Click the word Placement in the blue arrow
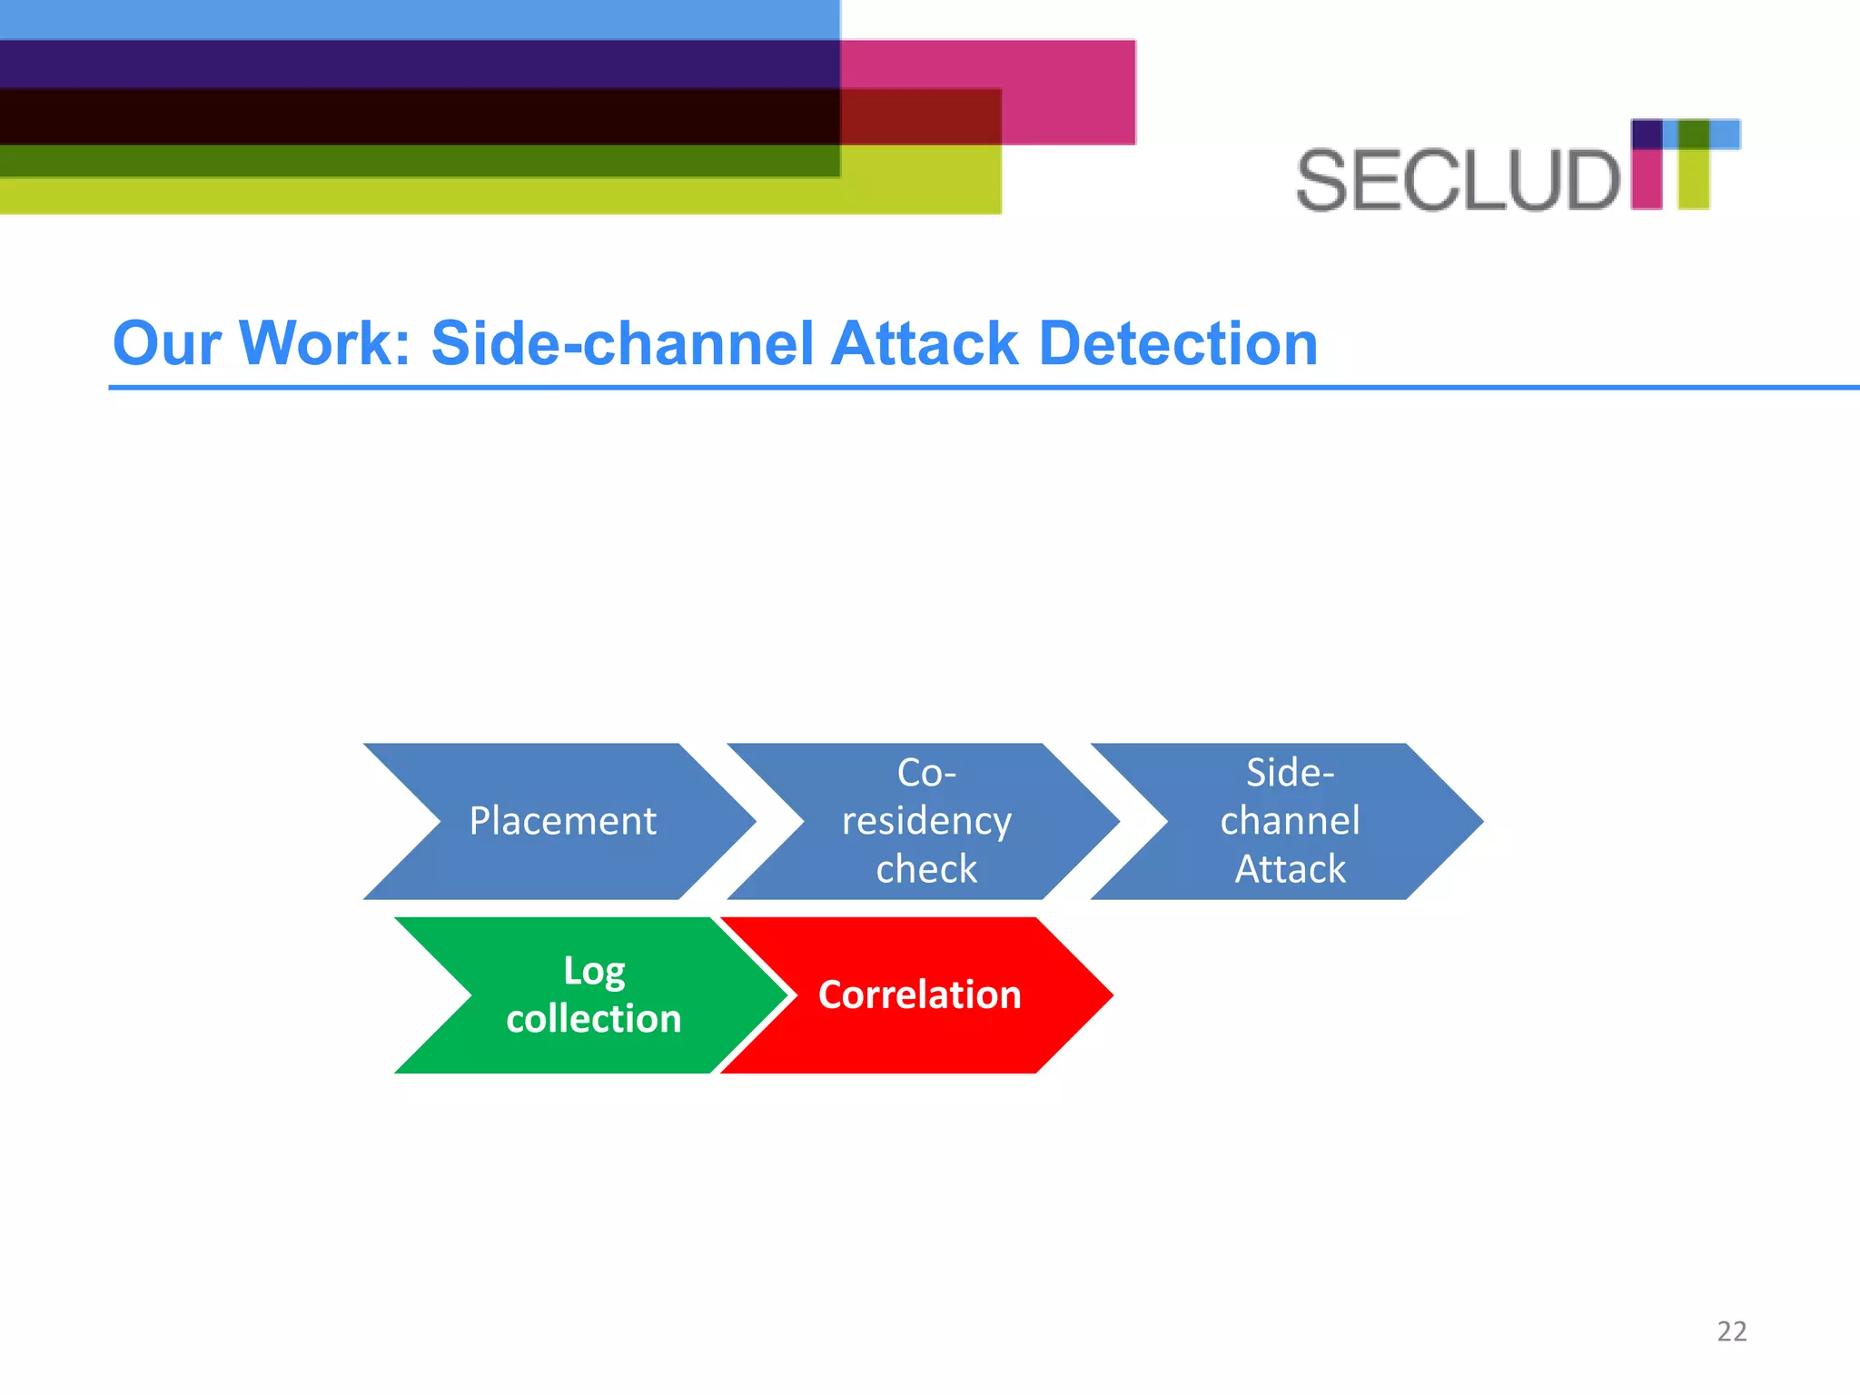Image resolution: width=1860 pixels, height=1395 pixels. point(562,821)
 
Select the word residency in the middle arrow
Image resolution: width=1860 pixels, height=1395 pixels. point(926,821)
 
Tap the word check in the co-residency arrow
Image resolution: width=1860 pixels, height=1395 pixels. point(926,869)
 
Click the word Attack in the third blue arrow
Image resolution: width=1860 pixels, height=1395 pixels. point(1290,869)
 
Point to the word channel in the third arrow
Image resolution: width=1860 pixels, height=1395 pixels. point(1290,821)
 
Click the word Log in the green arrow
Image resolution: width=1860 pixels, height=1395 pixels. point(594,971)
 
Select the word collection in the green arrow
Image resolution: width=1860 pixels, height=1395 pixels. point(594,1019)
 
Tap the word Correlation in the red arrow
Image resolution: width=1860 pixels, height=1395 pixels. point(919,994)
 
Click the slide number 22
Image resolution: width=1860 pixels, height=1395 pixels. point(1731,1331)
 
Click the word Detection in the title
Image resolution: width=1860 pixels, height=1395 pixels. point(1177,343)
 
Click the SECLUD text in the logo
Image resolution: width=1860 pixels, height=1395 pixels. point(1457,181)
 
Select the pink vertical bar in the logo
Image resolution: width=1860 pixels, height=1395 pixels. point(1647,178)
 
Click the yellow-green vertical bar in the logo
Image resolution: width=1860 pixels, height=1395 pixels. point(1693,178)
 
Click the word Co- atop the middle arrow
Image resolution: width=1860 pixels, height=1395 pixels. point(926,773)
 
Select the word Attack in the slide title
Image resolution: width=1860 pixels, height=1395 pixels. point(925,343)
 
